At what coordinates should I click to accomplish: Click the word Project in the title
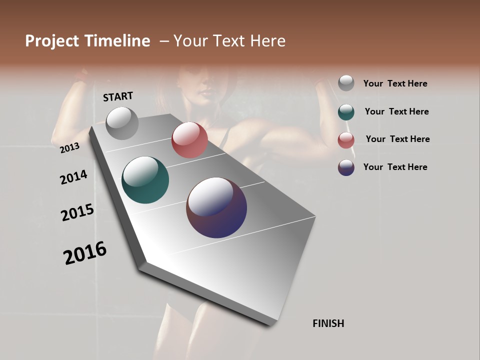(x=52, y=41)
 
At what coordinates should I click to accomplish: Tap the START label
(x=118, y=96)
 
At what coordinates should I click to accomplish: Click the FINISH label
(x=328, y=323)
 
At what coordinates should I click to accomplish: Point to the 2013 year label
(x=70, y=147)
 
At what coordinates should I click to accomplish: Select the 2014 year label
(x=74, y=177)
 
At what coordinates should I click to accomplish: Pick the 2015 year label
(x=77, y=212)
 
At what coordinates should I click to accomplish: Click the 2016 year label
(x=85, y=253)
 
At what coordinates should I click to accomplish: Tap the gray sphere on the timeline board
(x=122, y=123)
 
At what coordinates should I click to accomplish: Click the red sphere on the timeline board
(x=189, y=140)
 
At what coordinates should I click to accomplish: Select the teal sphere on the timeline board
(x=145, y=180)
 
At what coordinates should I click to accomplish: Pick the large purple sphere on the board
(x=216, y=207)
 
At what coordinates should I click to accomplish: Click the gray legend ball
(x=346, y=83)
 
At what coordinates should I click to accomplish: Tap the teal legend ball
(x=346, y=112)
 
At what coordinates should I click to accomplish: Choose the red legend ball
(x=346, y=140)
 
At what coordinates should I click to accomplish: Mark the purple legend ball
(x=346, y=167)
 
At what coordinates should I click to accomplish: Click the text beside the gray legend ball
(x=395, y=83)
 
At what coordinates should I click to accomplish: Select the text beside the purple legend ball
(x=395, y=167)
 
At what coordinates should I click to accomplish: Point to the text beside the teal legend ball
(x=396, y=111)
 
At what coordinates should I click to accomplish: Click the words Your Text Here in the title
(x=229, y=41)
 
